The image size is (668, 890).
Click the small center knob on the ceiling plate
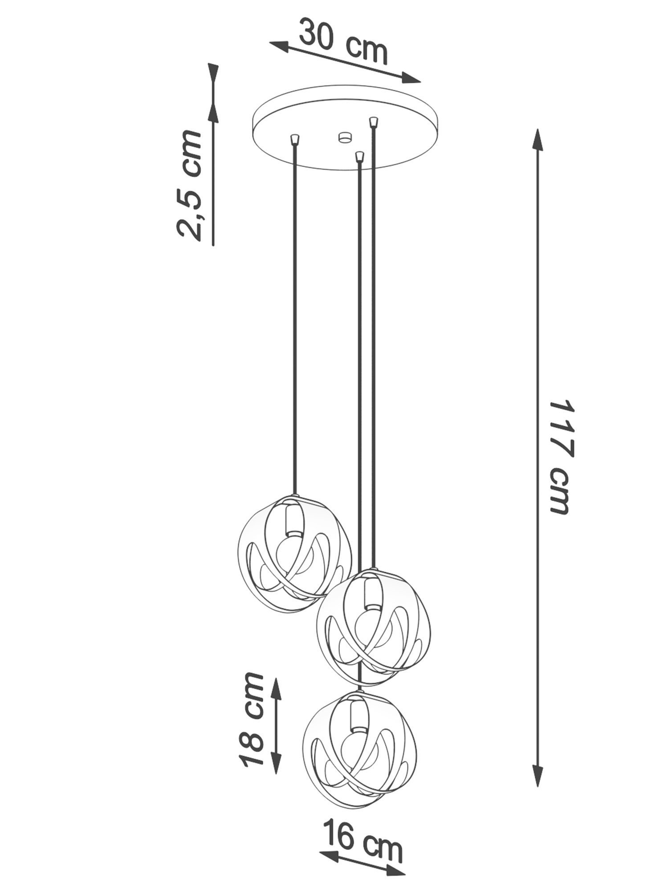(343, 137)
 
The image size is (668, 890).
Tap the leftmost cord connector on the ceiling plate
(293, 140)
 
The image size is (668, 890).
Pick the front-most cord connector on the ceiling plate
(359, 156)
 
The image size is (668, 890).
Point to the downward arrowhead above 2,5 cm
(214, 76)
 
